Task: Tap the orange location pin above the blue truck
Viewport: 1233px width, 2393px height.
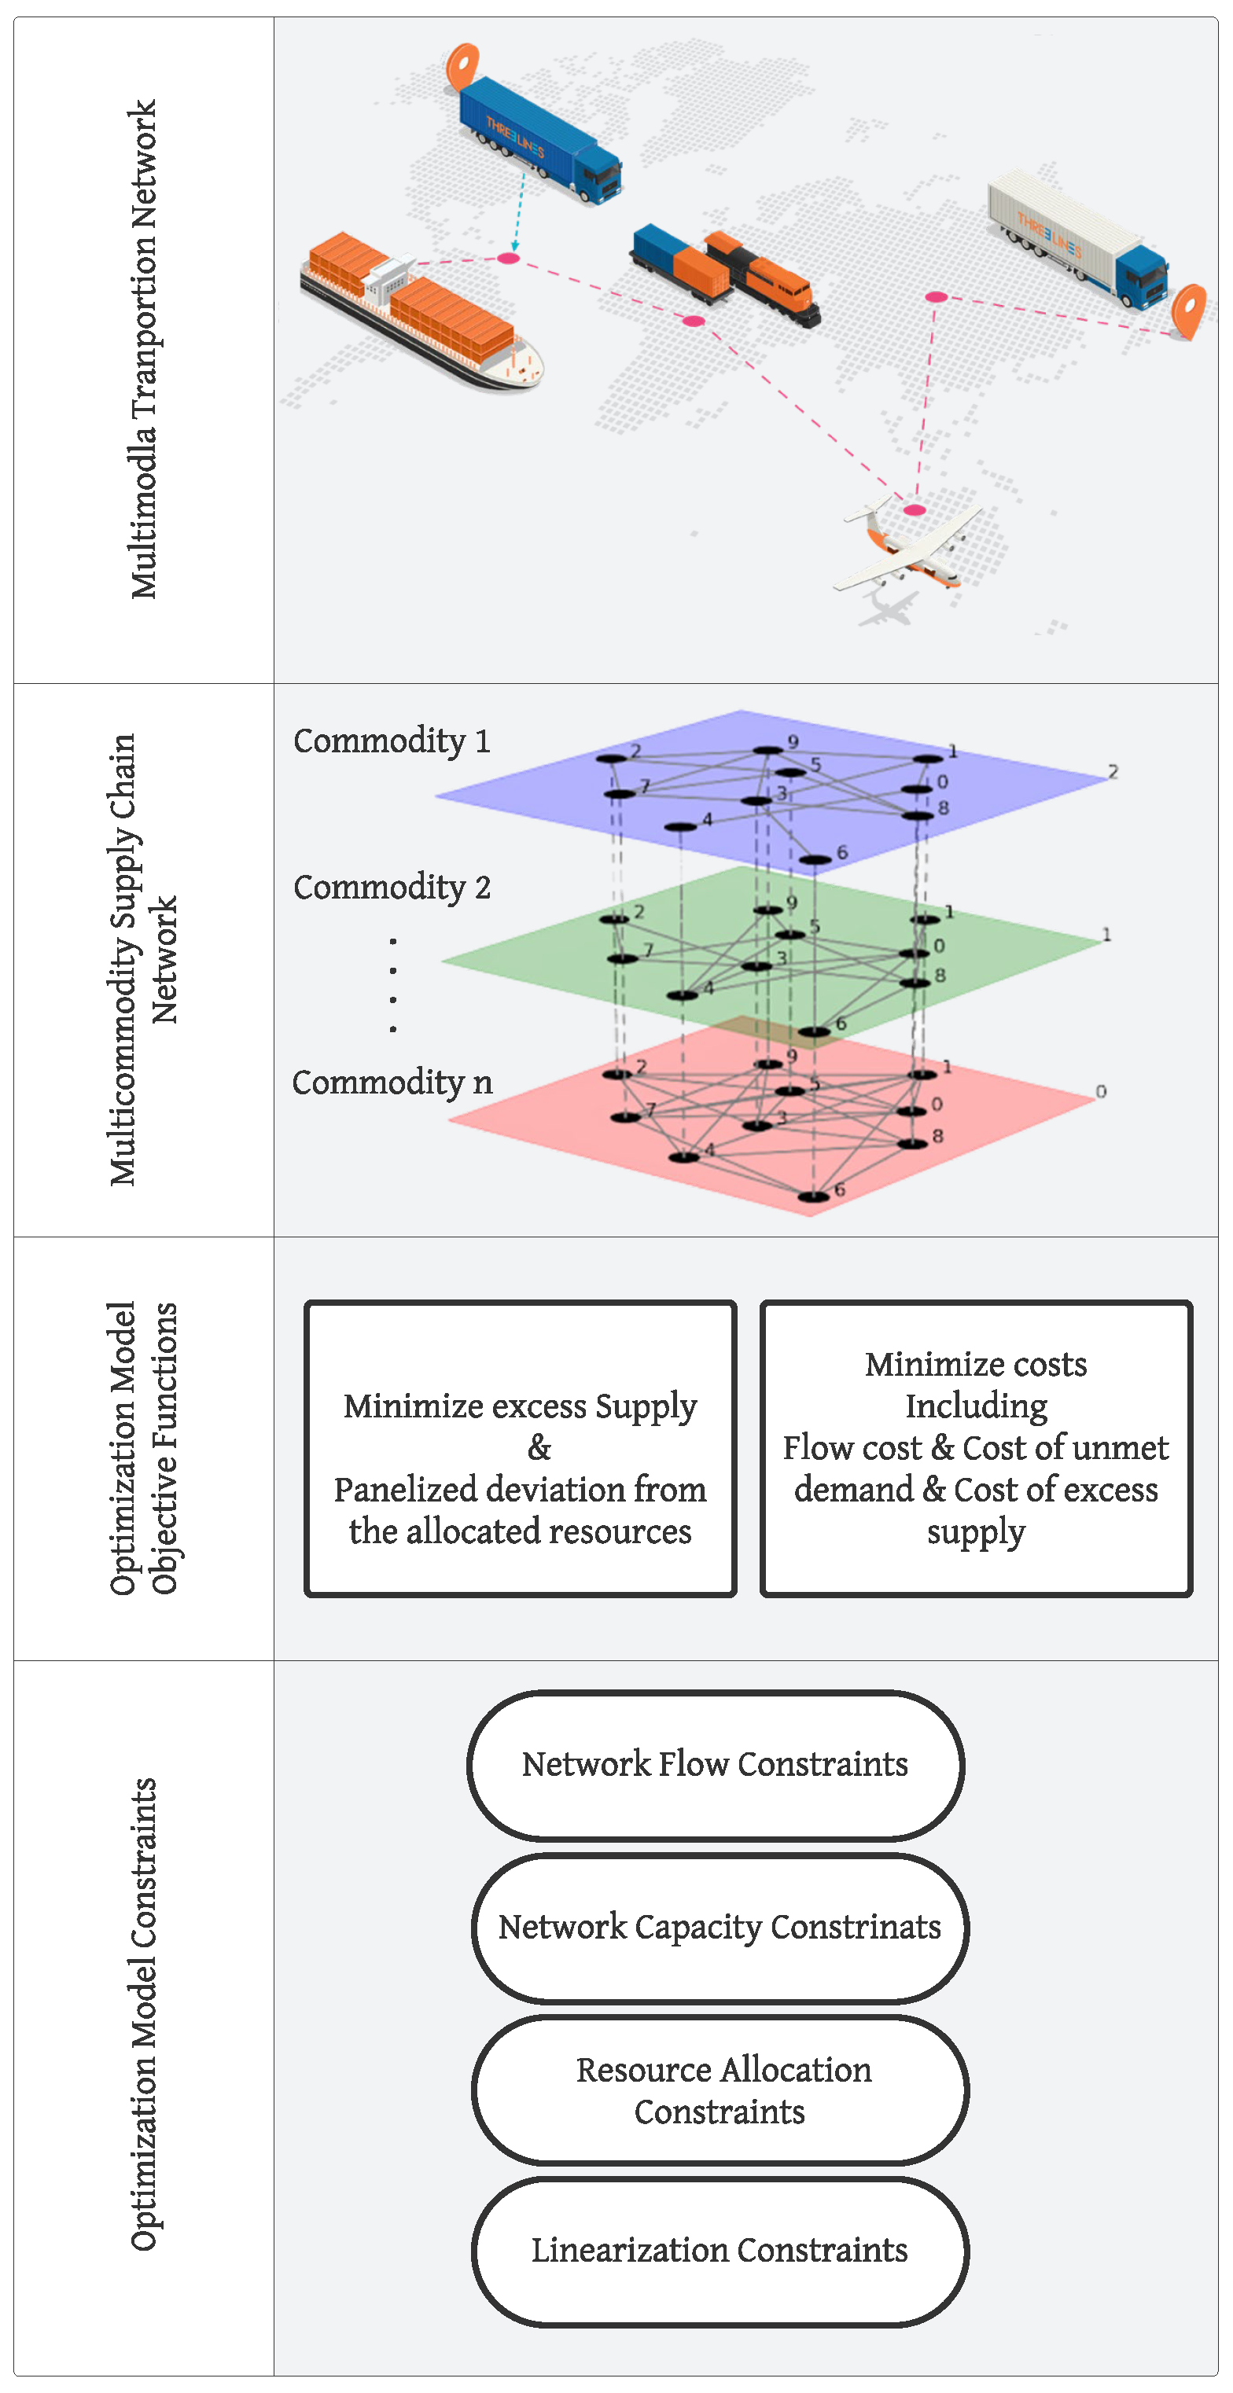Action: coord(462,65)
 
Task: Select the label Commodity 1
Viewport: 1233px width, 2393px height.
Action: coord(391,741)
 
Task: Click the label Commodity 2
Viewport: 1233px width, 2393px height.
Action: coord(391,888)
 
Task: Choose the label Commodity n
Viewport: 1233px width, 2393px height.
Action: coord(391,1083)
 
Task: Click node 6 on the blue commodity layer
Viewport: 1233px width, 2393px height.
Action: coord(815,860)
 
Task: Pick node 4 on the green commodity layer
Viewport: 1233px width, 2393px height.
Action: coord(682,996)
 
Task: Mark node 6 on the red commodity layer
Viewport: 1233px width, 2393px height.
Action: coord(813,1196)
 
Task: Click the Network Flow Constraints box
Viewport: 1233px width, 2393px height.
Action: coord(715,1765)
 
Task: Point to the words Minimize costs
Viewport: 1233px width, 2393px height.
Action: coord(976,1365)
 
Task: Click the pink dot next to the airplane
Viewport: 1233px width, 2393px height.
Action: coord(915,510)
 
